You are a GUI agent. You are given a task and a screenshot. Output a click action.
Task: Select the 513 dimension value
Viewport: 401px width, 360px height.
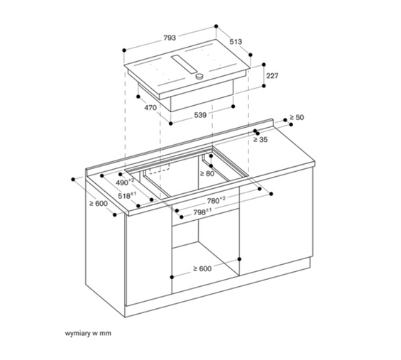[x=236, y=43]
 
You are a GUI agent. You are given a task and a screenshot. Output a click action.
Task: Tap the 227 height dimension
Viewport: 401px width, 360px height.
[x=272, y=75]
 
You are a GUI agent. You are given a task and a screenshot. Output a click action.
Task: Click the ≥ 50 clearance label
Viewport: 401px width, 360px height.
[x=296, y=118]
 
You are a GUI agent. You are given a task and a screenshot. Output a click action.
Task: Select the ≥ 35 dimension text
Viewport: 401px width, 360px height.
[x=260, y=141]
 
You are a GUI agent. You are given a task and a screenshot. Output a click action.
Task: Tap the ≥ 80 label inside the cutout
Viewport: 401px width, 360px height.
[x=207, y=173]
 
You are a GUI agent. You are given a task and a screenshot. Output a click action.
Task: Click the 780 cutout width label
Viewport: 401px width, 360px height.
[x=215, y=200]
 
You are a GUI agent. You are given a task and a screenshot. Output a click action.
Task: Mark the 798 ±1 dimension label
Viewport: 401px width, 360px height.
[x=204, y=212]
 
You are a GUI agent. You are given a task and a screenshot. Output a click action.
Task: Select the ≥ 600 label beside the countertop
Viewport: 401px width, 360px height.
[x=98, y=204]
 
